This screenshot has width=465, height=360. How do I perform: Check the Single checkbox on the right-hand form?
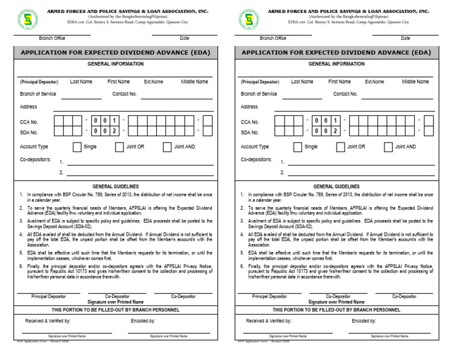tap(297, 147)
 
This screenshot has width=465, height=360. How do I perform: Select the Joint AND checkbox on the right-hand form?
tap(387, 147)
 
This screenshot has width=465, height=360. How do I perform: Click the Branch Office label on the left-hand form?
tap(51, 38)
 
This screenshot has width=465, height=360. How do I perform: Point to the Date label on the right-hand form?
tap(405, 38)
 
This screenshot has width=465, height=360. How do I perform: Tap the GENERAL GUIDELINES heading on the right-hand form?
tap(336, 187)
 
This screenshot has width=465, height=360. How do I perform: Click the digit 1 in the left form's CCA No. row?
tap(114, 121)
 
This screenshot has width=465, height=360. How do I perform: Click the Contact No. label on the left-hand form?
tap(125, 94)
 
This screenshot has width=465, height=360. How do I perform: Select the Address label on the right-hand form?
tap(249, 107)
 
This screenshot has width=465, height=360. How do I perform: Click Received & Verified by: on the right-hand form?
tap(268, 321)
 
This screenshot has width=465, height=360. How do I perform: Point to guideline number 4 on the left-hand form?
tap(21, 233)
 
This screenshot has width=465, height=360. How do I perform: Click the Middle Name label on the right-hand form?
tap(415, 82)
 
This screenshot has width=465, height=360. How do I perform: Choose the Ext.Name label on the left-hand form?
tap(153, 82)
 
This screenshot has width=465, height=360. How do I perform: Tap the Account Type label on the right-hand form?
tap(254, 147)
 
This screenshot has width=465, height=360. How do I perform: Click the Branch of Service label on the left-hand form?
tap(38, 94)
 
